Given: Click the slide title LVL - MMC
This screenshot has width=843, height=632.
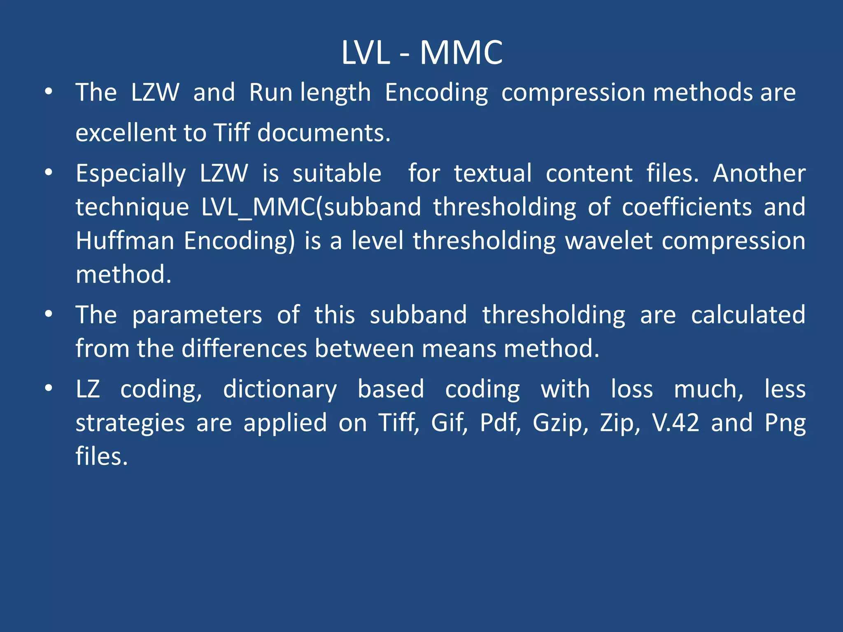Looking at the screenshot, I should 422,53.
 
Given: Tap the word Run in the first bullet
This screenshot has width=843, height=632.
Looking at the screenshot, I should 272,92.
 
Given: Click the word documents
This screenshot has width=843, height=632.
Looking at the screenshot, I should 324,133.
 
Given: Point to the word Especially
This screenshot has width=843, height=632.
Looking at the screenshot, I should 131,174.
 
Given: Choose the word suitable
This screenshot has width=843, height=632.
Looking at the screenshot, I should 337,173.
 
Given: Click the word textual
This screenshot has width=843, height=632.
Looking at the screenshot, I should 493,173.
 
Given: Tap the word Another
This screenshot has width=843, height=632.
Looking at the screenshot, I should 759,173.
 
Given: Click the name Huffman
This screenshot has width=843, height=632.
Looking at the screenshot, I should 125,241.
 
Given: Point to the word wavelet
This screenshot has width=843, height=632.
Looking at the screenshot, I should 609,241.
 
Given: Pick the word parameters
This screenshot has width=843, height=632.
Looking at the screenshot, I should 197,315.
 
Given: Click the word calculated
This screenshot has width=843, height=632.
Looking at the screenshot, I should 748,315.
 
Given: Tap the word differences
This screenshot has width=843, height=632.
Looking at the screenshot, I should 245,349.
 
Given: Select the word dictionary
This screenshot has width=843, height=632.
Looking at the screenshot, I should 280,390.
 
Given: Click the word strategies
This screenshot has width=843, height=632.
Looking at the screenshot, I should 130,423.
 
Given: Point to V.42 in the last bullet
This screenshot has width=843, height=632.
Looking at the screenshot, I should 675,423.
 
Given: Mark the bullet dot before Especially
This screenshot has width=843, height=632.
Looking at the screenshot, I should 49,173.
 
